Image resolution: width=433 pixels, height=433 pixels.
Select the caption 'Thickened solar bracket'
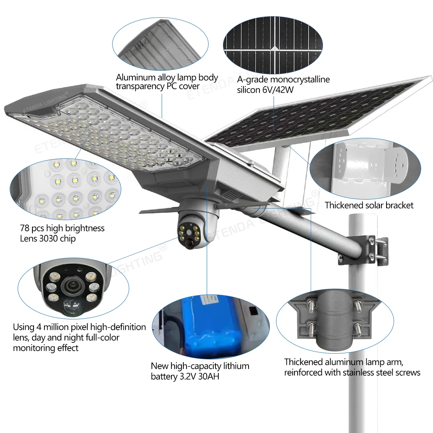369,205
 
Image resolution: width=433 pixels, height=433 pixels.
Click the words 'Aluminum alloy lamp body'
167,78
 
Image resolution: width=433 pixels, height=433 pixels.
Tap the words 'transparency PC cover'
157,87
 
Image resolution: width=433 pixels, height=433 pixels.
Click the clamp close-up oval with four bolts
335,321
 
